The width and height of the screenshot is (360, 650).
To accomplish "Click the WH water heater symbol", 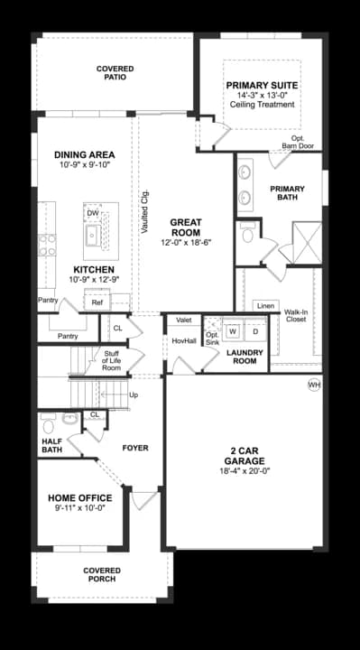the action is tap(314, 385).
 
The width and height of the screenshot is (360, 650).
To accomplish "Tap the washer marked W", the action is tap(233, 331).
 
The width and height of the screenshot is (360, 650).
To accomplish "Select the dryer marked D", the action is tap(255, 331).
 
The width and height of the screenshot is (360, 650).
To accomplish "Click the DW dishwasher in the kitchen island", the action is tap(93, 213).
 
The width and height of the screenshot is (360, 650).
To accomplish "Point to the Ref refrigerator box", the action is tap(97, 302).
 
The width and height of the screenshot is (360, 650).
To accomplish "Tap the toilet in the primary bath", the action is tap(248, 234).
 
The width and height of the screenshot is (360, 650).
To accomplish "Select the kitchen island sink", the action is tap(94, 236).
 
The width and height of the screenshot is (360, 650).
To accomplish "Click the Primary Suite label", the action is tap(262, 86).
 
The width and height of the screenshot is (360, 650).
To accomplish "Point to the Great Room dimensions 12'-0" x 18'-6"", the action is tap(187, 243).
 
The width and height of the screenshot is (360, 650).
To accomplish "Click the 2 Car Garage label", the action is tap(245, 456).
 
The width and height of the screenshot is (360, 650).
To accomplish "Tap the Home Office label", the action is tap(80, 497).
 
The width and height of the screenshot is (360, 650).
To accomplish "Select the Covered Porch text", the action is tap(102, 574).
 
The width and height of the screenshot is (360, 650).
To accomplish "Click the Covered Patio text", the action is tap(115, 72).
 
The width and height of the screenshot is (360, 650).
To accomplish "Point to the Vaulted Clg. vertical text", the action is tap(144, 211).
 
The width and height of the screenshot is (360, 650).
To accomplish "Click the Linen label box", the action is tap(265, 306).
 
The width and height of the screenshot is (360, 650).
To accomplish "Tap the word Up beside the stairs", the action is tap(134, 395).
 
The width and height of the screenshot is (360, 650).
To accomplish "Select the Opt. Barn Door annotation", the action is tap(298, 142).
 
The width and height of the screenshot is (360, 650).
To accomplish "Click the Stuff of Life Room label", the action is tap(112, 360).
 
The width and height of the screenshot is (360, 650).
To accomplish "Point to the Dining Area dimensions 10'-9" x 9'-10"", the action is tap(85, 164).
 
